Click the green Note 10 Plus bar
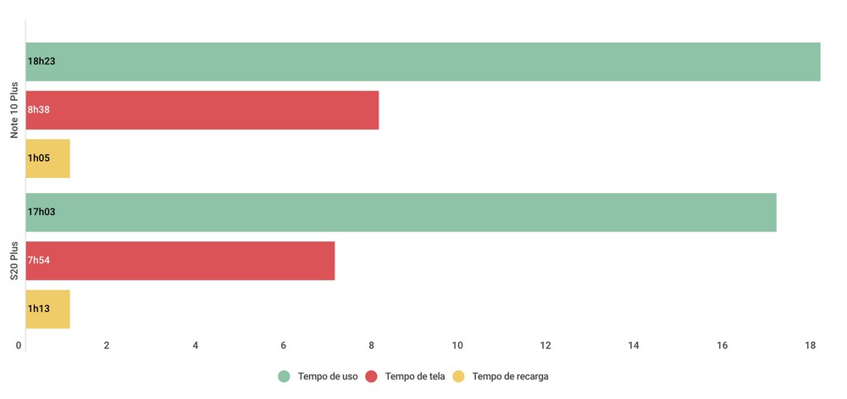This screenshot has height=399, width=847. coord(423,62)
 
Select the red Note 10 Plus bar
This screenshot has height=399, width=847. coord(202,110)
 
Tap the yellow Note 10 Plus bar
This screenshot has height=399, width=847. coord(48,158)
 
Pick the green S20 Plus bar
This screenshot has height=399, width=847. coord(401,213)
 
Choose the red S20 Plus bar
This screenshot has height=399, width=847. coord(180,261)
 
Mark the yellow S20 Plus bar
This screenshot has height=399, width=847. coord(48,309)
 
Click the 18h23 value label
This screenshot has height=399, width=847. coord(42,62)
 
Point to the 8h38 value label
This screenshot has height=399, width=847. coord(39,110)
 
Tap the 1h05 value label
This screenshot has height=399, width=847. coord(39,158)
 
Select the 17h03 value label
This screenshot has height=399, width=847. coord(42,213)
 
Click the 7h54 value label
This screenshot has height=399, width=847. coord(39,261)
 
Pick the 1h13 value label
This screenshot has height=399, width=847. coord(39,309)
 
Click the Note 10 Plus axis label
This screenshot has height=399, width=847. coord(14,111)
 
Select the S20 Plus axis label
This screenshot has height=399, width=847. coord(14,261)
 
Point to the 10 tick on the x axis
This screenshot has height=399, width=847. coord(458,346)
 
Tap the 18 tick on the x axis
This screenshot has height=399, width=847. coord(811,346)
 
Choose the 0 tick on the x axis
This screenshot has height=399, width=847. coord(19,346)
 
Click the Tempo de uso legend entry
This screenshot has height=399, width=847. coord(327,376)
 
